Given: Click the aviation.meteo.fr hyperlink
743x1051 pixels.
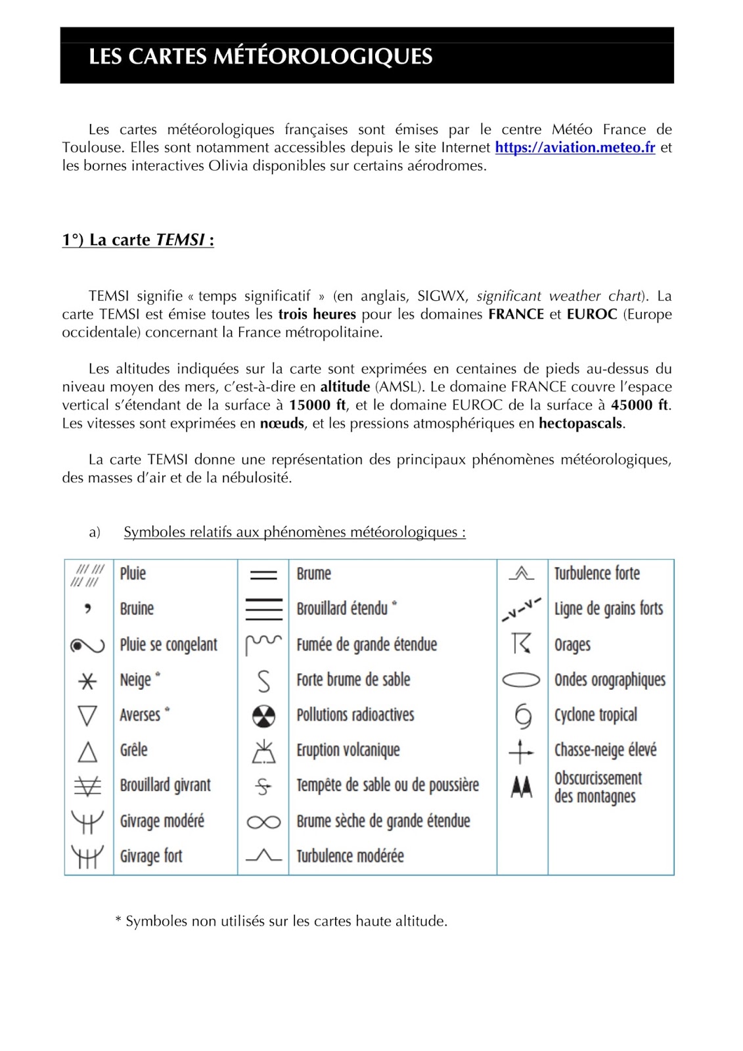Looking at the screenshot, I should (x=575, y=148).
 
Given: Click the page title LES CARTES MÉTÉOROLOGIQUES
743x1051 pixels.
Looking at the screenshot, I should (x=260, y=56).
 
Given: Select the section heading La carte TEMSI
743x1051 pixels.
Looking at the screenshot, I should (x=138, y=240).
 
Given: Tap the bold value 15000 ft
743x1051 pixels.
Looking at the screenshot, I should (x=317, y=405).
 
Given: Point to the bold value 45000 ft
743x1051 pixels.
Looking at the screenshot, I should (x=639, y=405).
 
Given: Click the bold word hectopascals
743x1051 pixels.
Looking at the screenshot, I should (x=581, y=424).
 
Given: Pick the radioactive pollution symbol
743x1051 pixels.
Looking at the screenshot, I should (x=263, y=716).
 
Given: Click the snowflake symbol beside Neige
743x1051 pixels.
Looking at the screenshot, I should (x=87, y=681).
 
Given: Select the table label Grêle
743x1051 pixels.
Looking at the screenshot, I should (x=133, y=750).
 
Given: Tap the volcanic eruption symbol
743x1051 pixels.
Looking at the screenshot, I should (x=263, y=751).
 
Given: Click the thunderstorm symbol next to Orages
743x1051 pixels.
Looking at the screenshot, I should (x=521, y=644).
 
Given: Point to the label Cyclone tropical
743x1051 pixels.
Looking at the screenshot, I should (x=595, y=715).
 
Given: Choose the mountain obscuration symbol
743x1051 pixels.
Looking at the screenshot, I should (x=522, y=786).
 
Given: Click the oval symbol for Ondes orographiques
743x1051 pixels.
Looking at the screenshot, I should (x=521, y=680).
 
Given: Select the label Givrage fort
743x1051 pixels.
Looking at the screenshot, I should (x=151, y=857).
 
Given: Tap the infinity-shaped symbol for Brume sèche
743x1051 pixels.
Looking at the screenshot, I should (x=263, y=822).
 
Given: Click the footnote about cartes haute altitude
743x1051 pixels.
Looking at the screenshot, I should (x=281, y=922).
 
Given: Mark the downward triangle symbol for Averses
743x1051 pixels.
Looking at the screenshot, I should (x=87, y=715).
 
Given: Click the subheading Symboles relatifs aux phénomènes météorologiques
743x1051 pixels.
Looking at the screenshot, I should (x=294, y=533).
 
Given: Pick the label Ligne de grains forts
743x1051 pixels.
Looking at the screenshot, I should (x=608, y=609).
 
